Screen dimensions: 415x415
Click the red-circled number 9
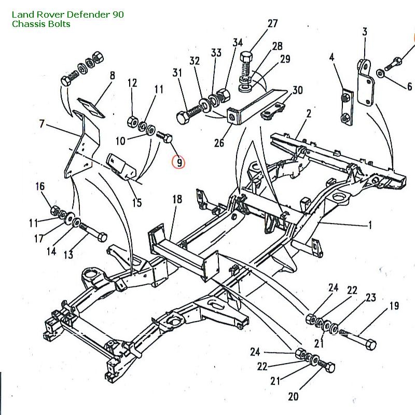(178, 162)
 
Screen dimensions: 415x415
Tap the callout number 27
(273, 23)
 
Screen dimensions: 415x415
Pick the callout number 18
(177, 200)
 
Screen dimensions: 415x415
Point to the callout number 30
(297, 90)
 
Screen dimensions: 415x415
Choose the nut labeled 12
(132, 122)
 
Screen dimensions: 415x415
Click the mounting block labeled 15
(122, 166)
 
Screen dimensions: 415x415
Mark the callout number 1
(370, 225)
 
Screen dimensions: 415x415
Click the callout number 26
(219, 142)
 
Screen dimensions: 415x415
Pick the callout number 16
(40, 187)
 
